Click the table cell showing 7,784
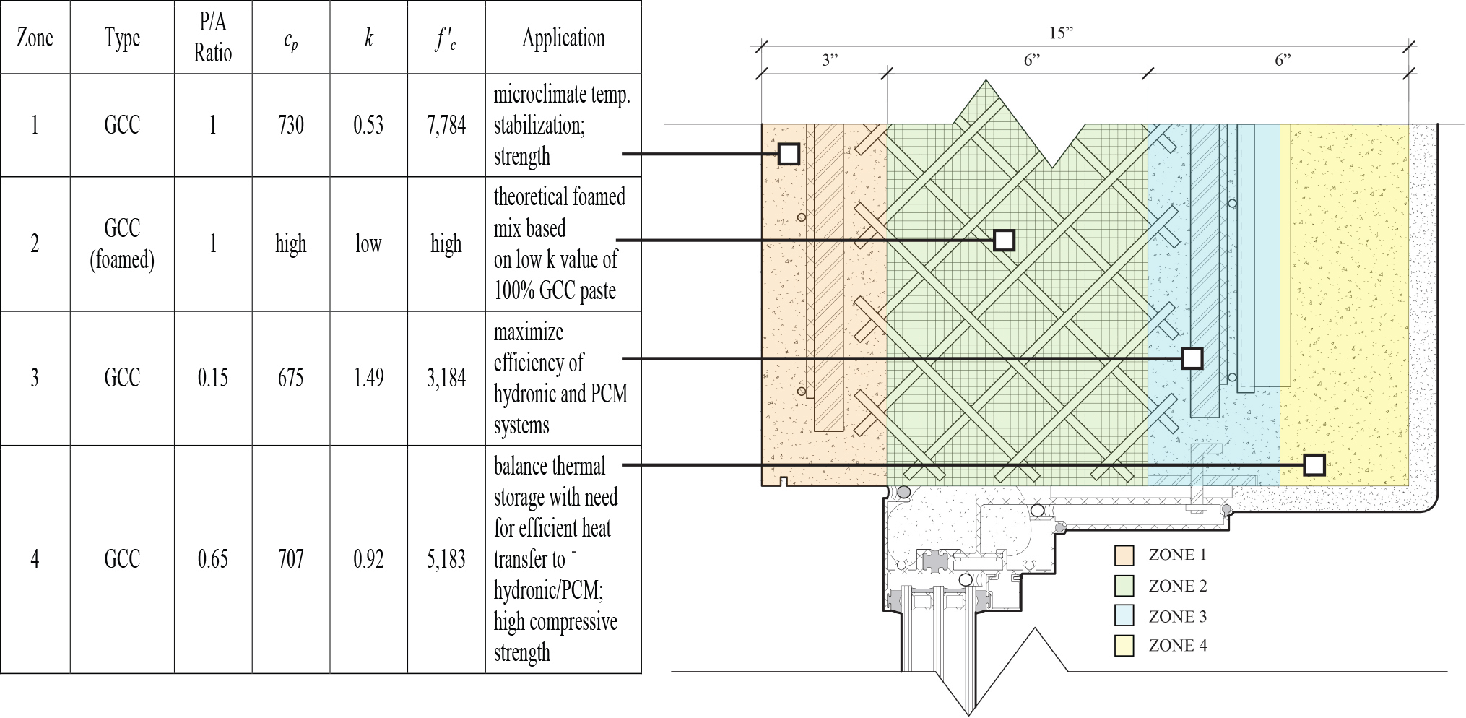click(x=446, y=125)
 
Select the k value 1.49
click(x=368, y=378)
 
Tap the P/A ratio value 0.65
click(x=213, y=559)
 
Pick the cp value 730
click(x=291, y=125)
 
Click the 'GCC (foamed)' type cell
click(x=122, y=243)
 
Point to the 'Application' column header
click(x=563, y=38)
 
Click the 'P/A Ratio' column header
click(x=213, y=38)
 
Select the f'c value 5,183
click(x=446, y=559)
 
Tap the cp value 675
click(x=291, y=378)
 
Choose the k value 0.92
click(x=368, y=559)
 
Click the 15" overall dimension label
click(x=1061, y=33)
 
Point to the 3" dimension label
click(x=830, y=60)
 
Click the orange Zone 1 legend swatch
click(x=1124, y=555)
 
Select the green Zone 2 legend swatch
click(x=1124, y=585)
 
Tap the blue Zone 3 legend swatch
click(x=1124, y=615)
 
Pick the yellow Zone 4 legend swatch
click(x=1124, y=646)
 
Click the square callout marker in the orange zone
click(x=789, y=154)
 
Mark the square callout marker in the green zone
click(x=1005, y=240)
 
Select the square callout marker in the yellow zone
click(x=1314, y=464)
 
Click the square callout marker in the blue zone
click(x=1192, y=358)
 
